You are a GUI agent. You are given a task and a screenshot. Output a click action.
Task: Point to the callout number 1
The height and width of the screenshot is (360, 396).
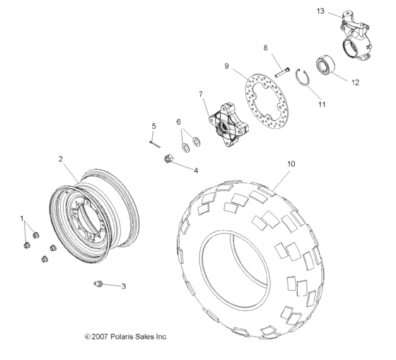(22, 218)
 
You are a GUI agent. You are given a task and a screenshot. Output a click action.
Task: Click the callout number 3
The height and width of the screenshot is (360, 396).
(124, 286)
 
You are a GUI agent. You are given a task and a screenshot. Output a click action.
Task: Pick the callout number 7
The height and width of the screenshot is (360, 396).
(201, 94)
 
